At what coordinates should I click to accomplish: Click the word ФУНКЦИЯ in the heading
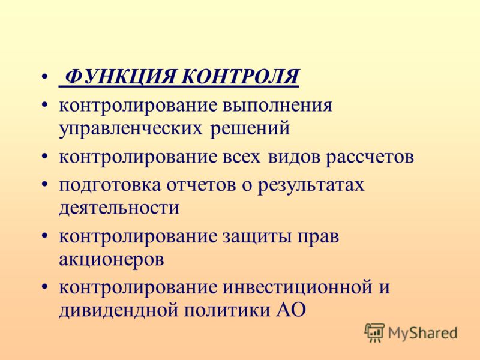121,77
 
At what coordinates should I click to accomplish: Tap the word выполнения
277,106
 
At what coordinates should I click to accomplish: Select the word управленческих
130,129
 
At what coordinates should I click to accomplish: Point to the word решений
250,129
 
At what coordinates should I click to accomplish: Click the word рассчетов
370,157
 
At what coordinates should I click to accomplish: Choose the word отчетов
201,185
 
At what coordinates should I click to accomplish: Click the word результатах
311,185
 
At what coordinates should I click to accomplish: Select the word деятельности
119,208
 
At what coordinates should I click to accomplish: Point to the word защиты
257,237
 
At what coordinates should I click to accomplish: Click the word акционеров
112,260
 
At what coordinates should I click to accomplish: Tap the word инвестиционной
298,288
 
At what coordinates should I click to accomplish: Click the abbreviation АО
292,310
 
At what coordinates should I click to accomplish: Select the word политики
227,310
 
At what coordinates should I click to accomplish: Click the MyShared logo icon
374,332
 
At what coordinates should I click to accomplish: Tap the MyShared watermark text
422,333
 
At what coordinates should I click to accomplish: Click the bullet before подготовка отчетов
44,185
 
